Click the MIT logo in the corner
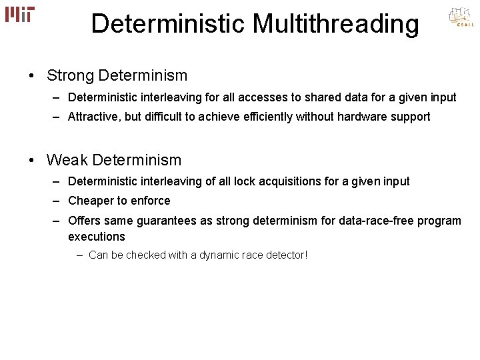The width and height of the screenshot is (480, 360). point(20,15)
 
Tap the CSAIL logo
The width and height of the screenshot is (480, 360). point(461,18)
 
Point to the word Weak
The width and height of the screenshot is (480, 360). point(67,160)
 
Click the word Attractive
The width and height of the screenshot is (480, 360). point(92,117)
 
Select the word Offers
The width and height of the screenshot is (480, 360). point(84,221)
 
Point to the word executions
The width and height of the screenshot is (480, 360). point(96,237)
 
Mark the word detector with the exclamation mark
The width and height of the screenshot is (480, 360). point(287,255)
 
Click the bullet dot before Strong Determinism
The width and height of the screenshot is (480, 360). point(32,76)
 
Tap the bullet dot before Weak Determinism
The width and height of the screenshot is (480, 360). point(32,160)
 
